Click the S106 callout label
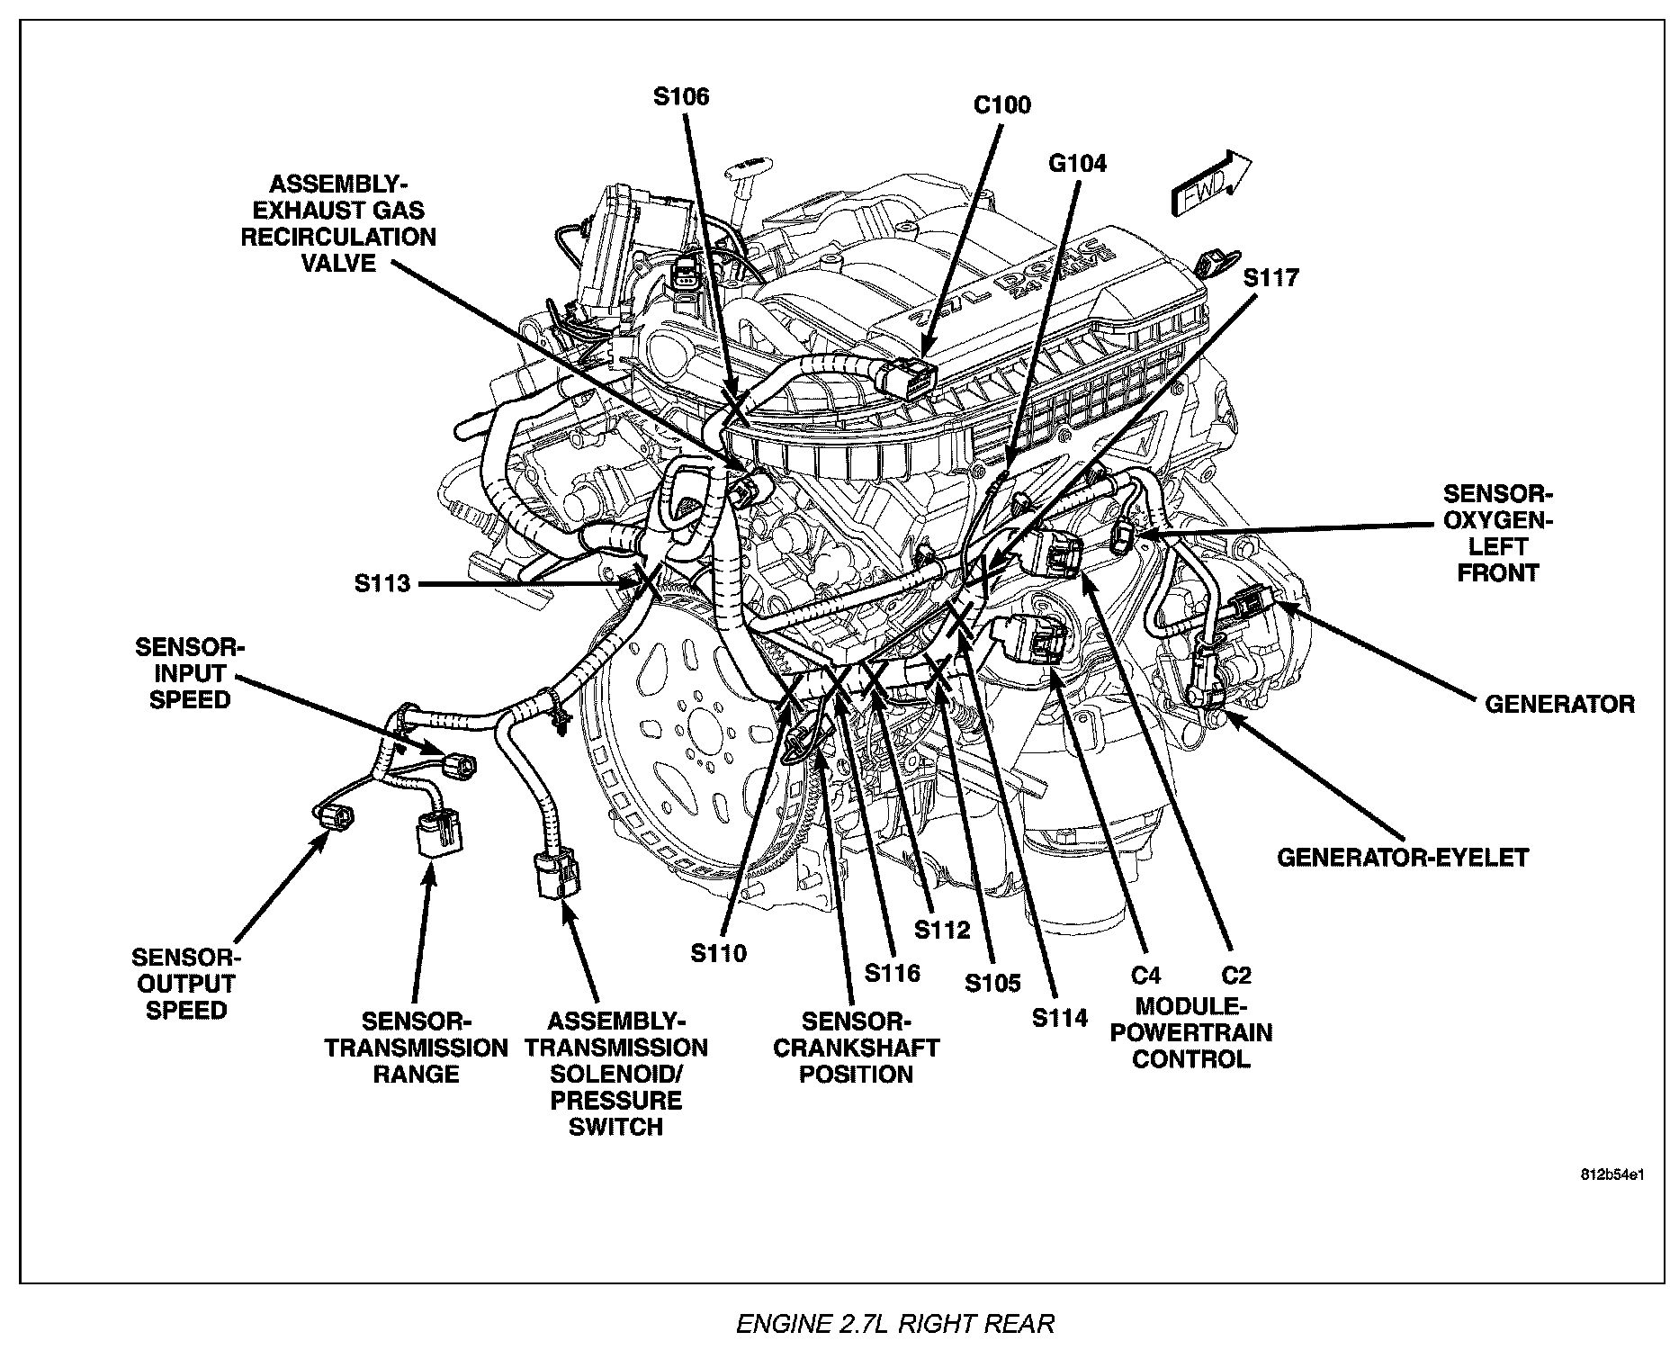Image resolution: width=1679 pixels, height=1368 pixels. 681,96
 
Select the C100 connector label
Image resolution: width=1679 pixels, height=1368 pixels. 1001,105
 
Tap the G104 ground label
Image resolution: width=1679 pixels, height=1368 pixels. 1077,163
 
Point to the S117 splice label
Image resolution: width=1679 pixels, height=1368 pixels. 1270,277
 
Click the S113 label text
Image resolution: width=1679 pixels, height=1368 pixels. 382,583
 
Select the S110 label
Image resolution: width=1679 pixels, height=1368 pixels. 718,952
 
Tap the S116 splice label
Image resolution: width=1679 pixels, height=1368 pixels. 892,972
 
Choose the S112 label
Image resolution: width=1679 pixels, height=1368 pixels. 942,929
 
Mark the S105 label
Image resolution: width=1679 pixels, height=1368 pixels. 992,983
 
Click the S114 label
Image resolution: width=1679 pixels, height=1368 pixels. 1060,1018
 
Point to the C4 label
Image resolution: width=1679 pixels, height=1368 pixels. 1145,975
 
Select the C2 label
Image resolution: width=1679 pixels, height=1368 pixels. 1235,975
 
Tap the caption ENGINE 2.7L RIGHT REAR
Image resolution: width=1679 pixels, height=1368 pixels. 894,1324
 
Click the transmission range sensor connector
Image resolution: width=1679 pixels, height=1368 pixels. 438,835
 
